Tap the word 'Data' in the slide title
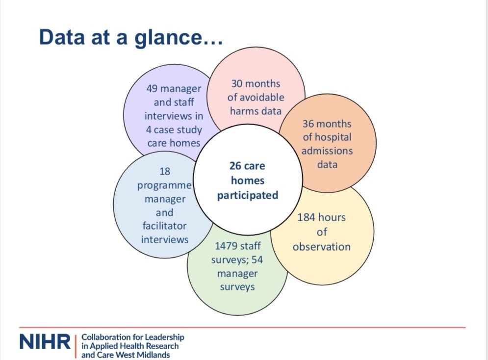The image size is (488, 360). pos(63,38)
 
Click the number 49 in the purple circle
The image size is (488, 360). pos(153,89)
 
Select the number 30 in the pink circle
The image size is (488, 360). pos(238,83)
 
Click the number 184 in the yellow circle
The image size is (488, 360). pos(308,217)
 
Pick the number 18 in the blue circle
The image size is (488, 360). pos(164,172)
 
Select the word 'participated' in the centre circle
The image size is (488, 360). pos(248,195)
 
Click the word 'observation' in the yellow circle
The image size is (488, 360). pos(322,246)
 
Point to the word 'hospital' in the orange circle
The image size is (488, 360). pos(327,137)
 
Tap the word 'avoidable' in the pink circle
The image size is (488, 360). pos(256,97)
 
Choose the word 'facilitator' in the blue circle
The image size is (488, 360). pos(165,227)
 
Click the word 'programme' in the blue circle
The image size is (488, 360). pos(164,186)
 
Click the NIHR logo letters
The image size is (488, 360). pos(45,343)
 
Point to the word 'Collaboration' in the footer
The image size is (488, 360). pos(105,337)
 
